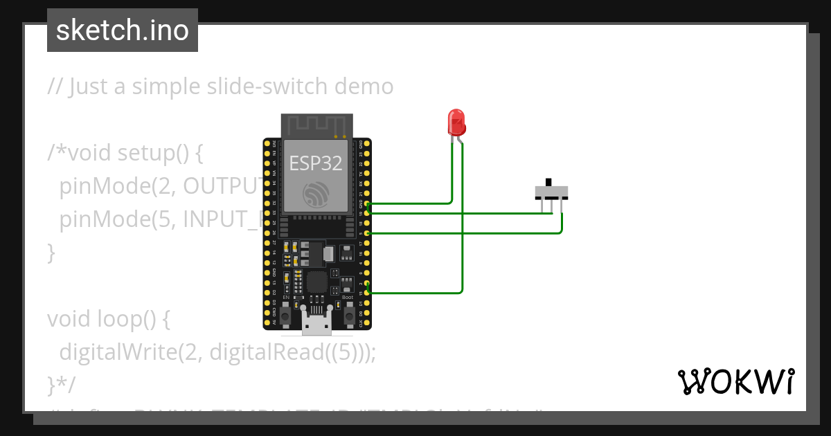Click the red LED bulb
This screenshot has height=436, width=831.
point(456,122)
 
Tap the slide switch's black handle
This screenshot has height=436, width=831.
point(551,183)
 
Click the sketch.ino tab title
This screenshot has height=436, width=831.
point(122,30)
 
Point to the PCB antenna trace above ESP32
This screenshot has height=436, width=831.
point(315,126)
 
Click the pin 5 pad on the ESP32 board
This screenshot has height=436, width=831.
point(368,233)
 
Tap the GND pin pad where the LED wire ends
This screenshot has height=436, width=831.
point(368,204)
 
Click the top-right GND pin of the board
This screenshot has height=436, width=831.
point(368,143)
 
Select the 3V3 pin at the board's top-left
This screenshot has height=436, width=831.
point(267,143)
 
